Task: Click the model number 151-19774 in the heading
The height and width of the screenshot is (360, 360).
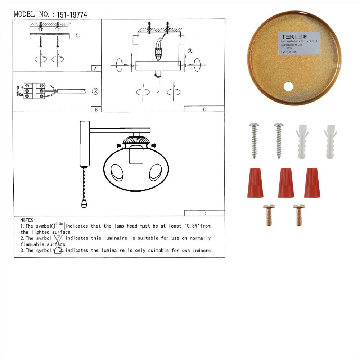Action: [x=72, y=15]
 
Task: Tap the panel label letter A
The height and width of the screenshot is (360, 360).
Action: [x=95, y=68]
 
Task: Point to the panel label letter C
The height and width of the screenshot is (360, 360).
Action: [x=204, y=109]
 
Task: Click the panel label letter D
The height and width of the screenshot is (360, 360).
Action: [x=204, y=213]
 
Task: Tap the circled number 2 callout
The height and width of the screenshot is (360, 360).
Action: [x=95, y=91]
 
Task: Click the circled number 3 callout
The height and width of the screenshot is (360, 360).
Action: [x=190, y=51]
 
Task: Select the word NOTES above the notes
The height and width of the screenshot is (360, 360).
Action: [x=28, y=220]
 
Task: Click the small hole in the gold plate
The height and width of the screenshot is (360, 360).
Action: [x=288, y=86]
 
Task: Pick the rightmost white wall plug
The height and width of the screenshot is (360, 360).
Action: [x=330, y=141]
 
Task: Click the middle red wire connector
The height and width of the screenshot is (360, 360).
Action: [x=286, y=183]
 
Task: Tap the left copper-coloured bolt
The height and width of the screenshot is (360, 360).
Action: [x=268, y=215]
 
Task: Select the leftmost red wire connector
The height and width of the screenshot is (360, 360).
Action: [x=255, y=183]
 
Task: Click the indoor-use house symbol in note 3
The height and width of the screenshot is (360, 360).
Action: [x=58, y=250]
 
